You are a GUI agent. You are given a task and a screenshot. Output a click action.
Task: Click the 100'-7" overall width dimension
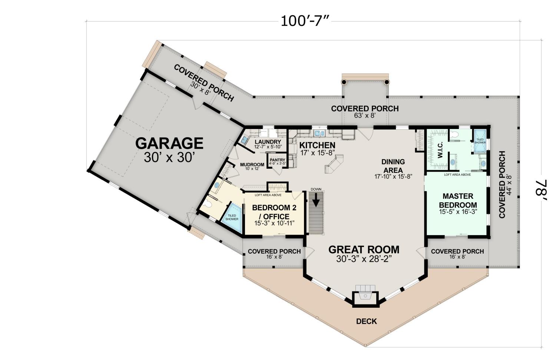click(x=306, y=21)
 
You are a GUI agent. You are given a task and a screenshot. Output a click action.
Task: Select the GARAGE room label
click(x=169, y=143)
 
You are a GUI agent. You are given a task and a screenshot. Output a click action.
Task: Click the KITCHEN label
click(x=317, y=145)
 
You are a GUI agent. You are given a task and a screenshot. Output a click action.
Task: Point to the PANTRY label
click(x=278, y=160)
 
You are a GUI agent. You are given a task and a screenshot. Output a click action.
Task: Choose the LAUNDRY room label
click(x=268, y=142)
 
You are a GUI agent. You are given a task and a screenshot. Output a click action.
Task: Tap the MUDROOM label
click(x=252, y=165)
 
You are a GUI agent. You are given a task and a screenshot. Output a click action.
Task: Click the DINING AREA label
click(x=393, y=166)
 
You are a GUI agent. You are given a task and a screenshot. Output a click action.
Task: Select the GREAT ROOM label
click(x=364, y=250)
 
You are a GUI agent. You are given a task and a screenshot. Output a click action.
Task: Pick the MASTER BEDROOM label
click(x=458, y=201)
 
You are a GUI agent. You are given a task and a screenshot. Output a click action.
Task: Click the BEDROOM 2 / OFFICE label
click(x=274, y=212)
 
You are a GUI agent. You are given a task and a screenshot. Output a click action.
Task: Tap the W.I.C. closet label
click(x=440, y=150)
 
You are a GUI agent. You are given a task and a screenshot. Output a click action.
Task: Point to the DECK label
click(x=366, y=321)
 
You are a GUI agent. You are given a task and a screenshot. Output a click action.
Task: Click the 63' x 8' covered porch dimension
click(x=365, y=115)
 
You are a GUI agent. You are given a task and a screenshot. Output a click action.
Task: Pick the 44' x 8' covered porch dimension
click(x=509, y=185)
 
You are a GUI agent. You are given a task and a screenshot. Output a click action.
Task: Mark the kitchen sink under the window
click(x=320, y=133)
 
